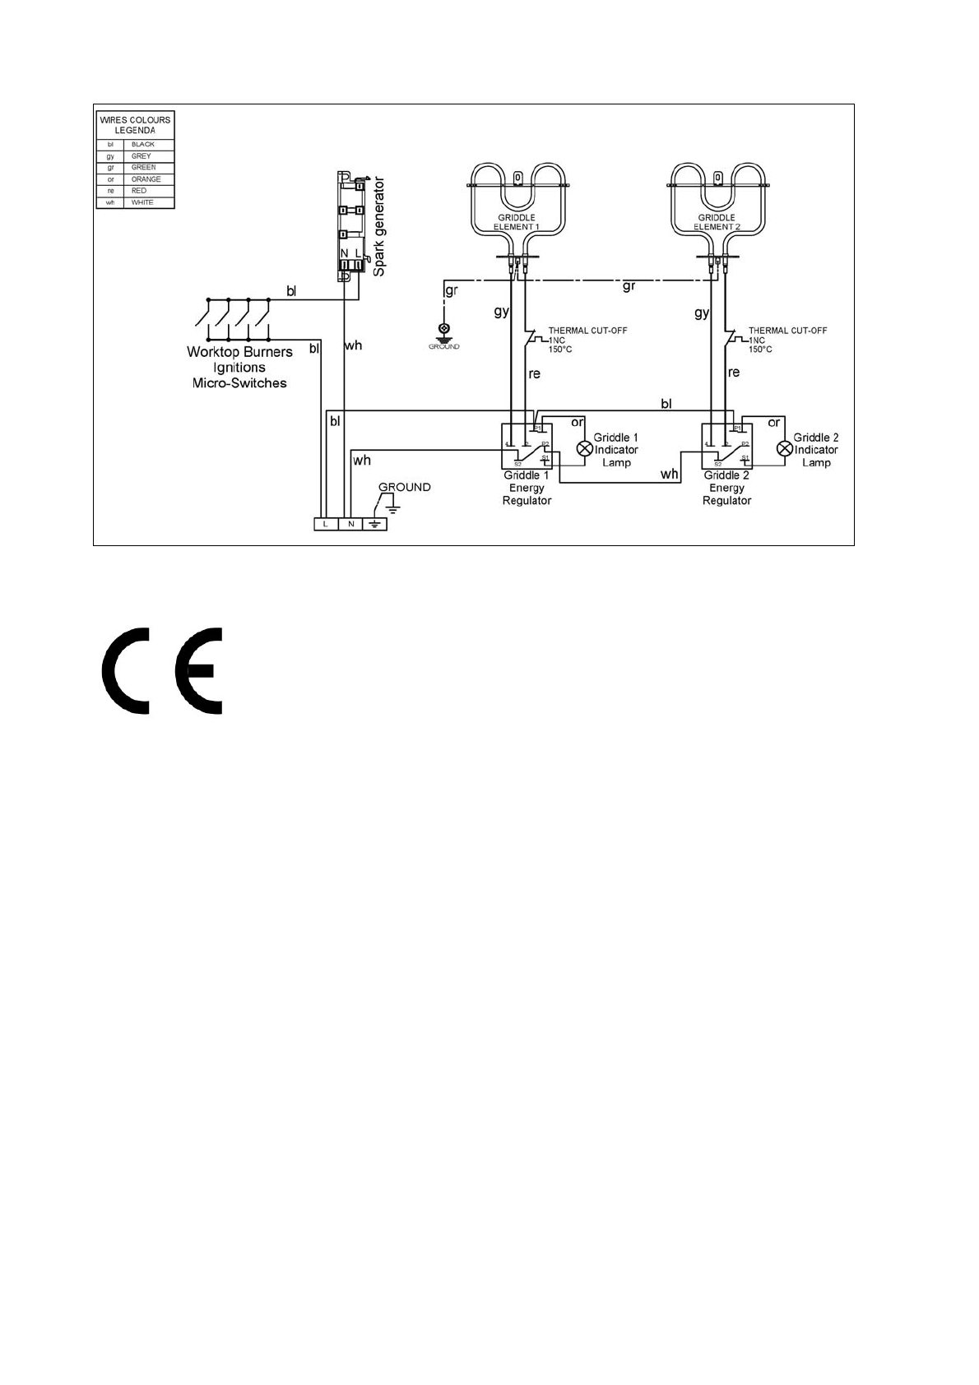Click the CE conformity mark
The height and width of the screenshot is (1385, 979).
coord(163,672)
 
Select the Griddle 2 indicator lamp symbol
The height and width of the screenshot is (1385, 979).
coord(785,449)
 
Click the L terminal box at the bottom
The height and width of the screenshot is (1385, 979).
coord(326,524)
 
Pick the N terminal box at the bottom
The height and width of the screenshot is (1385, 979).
coord(350,524)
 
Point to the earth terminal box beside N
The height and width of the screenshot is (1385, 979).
coord(374,524)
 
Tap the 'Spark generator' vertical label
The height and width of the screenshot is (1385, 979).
coord(379,225)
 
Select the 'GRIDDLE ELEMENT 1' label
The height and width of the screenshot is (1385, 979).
coord(516,222)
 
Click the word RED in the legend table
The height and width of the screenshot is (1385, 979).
coord(139,191)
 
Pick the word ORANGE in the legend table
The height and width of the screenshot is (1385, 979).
coord(146,179)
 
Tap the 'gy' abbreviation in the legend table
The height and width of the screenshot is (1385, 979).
coord(110,156)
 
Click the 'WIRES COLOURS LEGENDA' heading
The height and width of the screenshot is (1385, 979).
coord(135,125)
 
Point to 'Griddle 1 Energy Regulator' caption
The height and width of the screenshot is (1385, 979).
coord(527,488)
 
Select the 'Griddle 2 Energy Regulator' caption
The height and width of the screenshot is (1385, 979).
coord(726,488)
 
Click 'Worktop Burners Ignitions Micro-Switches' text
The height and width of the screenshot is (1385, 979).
coord(239,367)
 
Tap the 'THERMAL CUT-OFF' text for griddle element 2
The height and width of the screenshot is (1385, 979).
coord(787,331)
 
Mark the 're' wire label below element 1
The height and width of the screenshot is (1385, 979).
coord(535,374)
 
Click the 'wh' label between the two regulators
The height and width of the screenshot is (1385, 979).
coord(670,475)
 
